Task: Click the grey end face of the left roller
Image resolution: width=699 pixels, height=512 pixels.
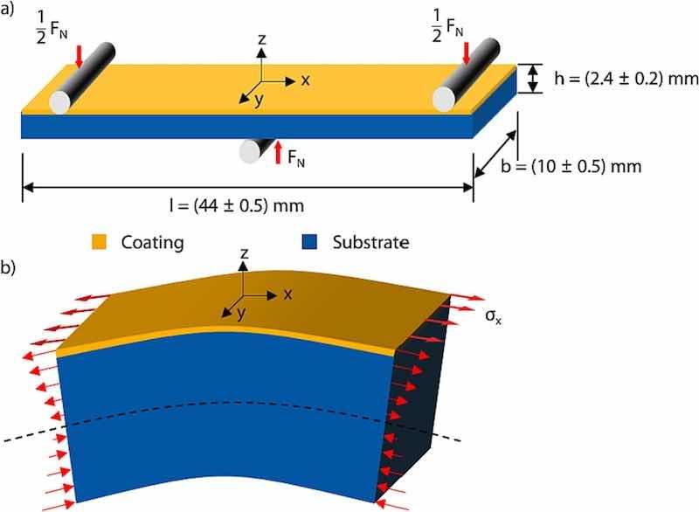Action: pos(59,100)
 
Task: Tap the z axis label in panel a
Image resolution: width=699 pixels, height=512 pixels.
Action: pos(261,39)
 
